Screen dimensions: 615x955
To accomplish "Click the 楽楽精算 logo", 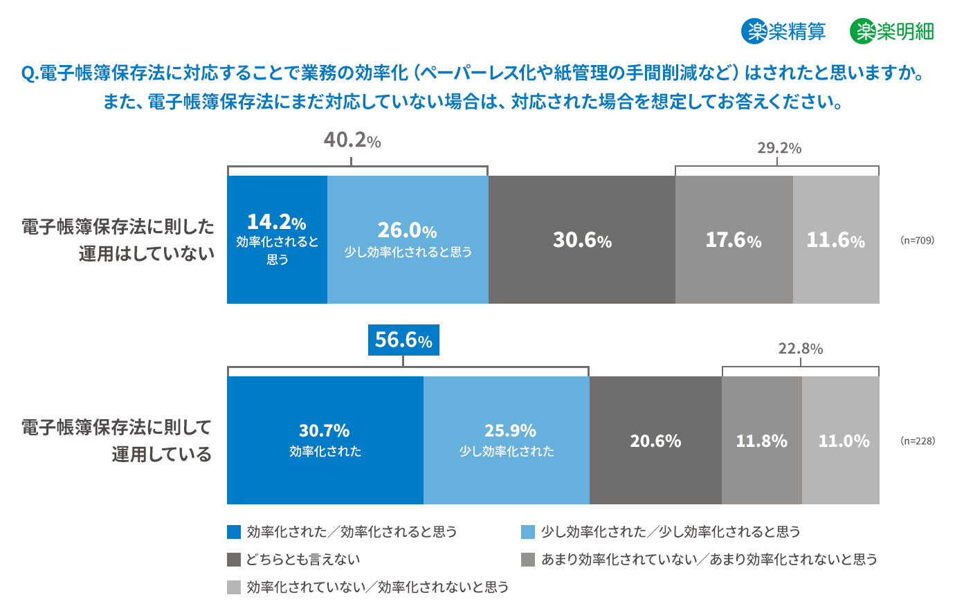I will [783, 31].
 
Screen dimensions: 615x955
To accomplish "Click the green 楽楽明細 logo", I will [892, 31].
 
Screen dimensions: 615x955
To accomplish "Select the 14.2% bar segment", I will [277, 239].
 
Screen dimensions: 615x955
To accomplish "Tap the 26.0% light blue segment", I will [408, 239].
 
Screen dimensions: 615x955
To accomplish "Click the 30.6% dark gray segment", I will [581, 239].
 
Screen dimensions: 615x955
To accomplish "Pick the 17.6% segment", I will [734, 239].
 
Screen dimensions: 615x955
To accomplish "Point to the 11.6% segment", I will [836, 239].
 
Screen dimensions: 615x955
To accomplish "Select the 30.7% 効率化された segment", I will [325, 440].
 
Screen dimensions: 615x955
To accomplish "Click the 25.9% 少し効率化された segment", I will [507, 440].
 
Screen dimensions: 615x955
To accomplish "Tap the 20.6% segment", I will [655, 440].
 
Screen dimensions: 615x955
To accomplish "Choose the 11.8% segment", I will [761, 440].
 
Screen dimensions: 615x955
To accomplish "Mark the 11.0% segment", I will [841, 440].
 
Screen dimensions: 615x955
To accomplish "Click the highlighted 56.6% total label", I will [403, 340].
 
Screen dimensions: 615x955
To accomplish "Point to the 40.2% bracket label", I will [352, 140].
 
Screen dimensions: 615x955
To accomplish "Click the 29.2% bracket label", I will [779, 148].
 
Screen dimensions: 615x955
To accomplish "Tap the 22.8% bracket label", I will [800, 349].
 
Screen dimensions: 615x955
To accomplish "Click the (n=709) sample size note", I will [917, 240].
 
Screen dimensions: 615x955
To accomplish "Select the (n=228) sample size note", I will [917, 441].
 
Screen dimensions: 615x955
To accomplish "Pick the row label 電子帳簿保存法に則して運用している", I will [116, 440].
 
